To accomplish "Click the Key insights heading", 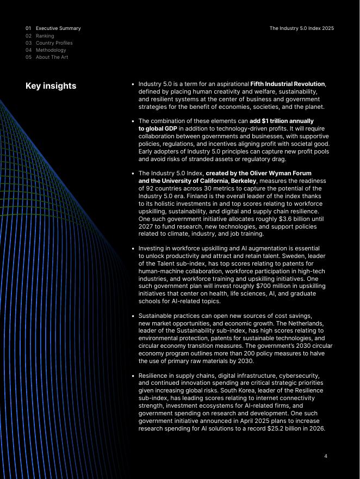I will coord(51,86).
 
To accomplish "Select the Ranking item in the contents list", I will coord(45,36).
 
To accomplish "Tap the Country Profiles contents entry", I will coord(54,43).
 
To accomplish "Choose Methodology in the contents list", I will coord(51,50).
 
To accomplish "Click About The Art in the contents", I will coord(52,57).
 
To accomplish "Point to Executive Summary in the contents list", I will coord(58,28).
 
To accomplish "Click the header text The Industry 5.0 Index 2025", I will coord(301,28).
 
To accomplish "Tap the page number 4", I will coord(326,456).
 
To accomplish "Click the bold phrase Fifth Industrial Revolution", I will coord(287,84).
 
